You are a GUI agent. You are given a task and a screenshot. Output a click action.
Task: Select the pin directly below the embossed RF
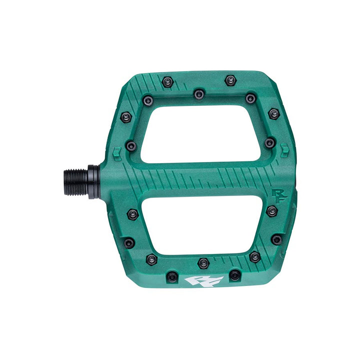(271, 210)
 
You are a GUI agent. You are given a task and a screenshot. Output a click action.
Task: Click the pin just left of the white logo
(171, 276)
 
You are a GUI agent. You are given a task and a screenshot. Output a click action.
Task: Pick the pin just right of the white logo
(234, 274)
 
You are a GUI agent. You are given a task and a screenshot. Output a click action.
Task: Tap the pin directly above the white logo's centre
(203, 262)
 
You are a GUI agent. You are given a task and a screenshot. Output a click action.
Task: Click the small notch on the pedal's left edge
(116, 150)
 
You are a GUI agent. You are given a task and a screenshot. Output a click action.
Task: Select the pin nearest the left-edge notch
(131, 145)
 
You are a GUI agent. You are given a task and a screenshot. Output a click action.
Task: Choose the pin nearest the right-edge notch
(269, 143)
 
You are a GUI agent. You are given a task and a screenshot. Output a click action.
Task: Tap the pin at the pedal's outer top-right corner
(273, 113)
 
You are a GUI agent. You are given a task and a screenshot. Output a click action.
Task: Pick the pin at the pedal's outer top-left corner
(126, 117)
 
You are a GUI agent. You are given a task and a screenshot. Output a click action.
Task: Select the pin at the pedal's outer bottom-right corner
(276, 239)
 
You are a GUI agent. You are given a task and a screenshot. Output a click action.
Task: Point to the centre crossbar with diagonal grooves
(200, 178)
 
